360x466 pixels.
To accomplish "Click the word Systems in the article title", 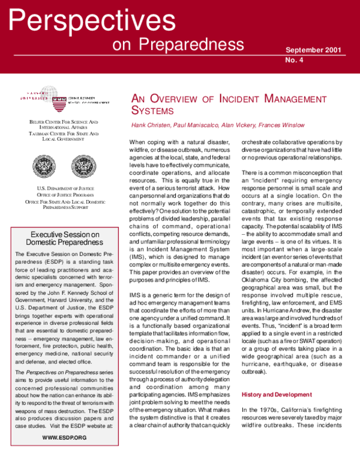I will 153,110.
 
